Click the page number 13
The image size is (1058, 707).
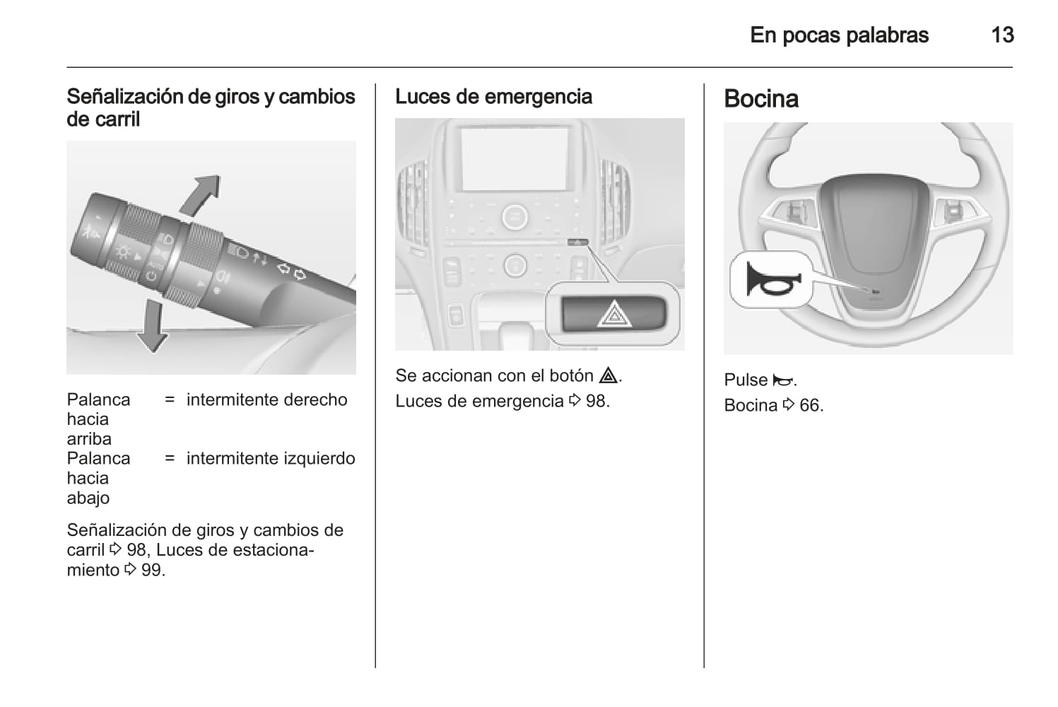point(1002,35)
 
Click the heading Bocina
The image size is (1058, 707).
point(761,99)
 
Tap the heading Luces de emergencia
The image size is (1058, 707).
point(493,97)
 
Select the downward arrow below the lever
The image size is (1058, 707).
point(152,326)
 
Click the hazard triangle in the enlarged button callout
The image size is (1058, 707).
point(613,314)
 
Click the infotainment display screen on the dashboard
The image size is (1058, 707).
point(514,159)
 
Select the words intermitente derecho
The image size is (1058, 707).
point(267,400)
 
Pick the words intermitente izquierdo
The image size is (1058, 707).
point(271,458)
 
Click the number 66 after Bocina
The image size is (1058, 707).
point(810,406)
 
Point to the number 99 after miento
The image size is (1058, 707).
point(152,570)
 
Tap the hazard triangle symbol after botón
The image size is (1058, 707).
point(608,375)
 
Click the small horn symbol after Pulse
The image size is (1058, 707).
point(782,380)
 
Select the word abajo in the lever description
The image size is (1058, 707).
point(88,498)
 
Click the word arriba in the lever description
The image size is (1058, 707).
point(89,439)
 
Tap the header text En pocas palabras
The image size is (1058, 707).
point(840,35)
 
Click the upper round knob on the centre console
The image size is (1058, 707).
point(515,217)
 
